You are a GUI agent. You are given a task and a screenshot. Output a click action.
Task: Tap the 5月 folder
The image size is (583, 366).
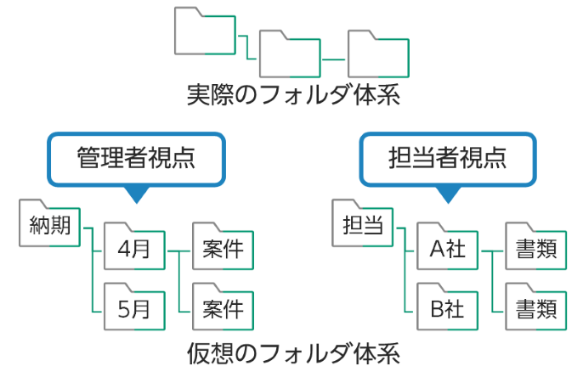(x=133, y=307)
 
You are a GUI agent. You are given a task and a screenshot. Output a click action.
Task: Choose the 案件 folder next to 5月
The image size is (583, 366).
(x=224, y=307)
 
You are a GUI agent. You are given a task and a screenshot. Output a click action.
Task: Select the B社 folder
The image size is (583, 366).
(x=447, y=307)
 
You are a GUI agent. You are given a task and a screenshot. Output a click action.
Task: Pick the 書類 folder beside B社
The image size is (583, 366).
(x=536, y=307)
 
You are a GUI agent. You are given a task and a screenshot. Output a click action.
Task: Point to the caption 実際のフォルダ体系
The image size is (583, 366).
(x=292, y=94)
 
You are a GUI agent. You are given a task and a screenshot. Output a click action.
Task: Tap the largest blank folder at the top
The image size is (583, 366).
(x=204, y=32)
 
